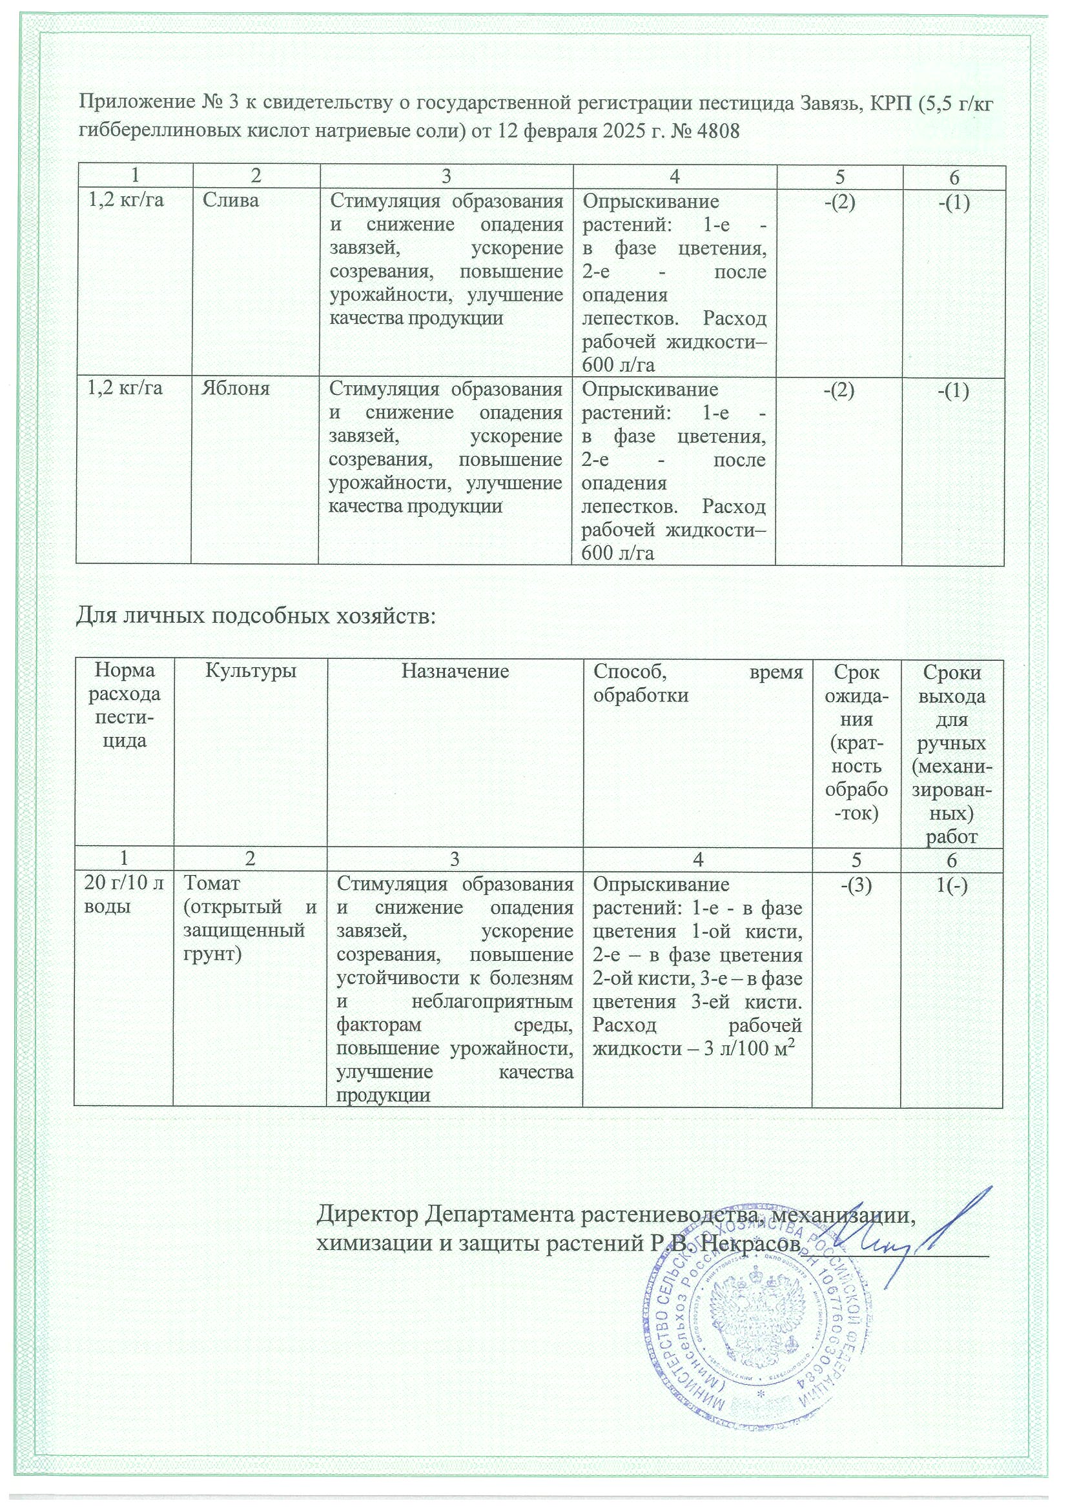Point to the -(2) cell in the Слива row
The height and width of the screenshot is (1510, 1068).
coord(839,203)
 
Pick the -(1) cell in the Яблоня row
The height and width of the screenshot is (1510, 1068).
coord(952,390)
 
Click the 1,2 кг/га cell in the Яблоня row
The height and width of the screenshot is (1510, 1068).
coord(125,388)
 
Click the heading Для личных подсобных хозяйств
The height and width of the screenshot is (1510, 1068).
coord(256,616)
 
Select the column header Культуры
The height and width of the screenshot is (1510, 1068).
coord(251,671)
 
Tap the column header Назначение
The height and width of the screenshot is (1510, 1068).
coord(455,671)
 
